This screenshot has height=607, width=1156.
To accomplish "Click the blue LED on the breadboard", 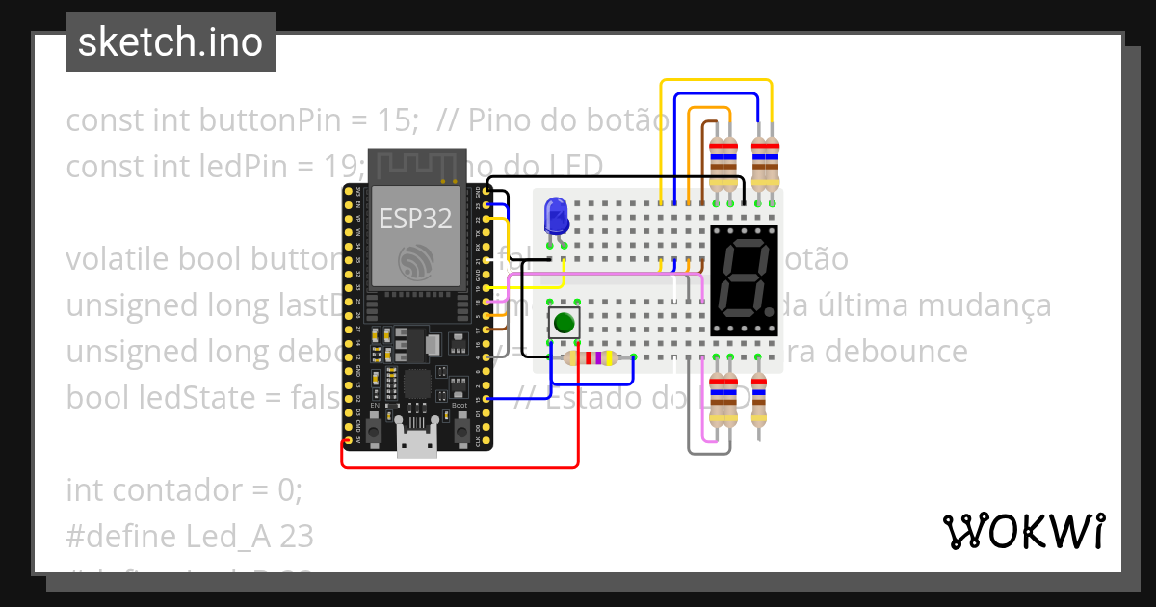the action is pyautogui.click(x=556, y=216).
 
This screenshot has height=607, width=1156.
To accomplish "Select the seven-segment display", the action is pyautogui.click(x=743, y=280).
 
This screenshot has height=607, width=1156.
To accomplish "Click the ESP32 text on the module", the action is pyautogui.click(x=415, y=218).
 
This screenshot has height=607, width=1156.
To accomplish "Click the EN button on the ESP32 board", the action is pyautogui.click(x=372, y=425).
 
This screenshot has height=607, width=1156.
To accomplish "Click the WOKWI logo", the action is pyautogui.click(x=1023, y=531).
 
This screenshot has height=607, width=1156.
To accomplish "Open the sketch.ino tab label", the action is pyautogui.click(x=171, y=42).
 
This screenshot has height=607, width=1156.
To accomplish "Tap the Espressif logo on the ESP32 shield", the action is pyautogui.click(x=415, y=260).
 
